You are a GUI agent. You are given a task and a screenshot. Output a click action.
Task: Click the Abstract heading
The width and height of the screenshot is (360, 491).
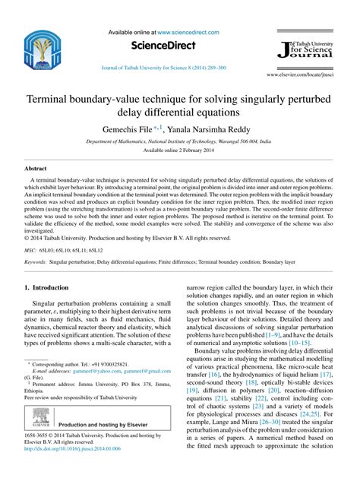tap(36, 167)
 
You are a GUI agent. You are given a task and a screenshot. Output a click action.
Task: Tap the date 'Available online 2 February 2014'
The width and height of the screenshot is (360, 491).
tap(179, 151)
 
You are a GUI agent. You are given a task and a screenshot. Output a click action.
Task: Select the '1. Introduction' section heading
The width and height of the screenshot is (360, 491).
tap(47, 288)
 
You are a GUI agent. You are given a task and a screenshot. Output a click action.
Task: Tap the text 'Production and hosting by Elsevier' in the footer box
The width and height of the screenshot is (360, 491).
tap(105, 425)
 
